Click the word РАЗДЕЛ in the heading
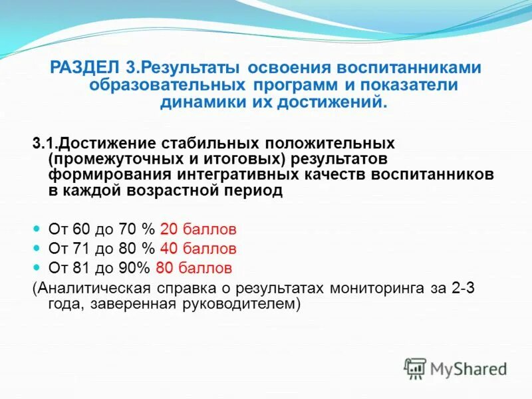point(86,68)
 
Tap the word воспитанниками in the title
point(410,68)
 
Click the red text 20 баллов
point(198,230)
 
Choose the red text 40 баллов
point(198,249)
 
